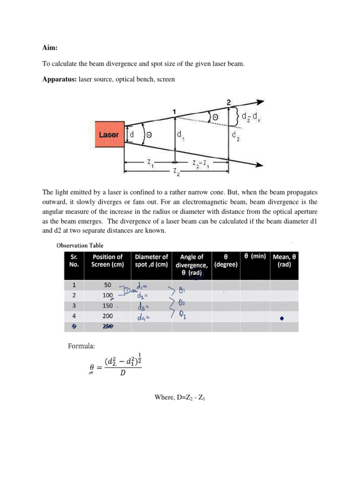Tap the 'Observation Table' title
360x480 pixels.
[80, 245]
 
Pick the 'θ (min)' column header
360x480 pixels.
[255, 256]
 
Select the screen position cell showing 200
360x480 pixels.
[108, 317]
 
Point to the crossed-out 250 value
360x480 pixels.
[108, 327]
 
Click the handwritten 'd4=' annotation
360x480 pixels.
[144, 318]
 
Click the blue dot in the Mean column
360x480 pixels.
[281, 318]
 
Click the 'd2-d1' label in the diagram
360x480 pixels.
[251, 117]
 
